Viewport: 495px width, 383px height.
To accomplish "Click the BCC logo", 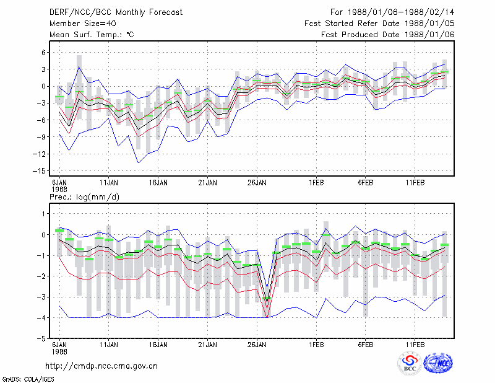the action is (x=410, y=363).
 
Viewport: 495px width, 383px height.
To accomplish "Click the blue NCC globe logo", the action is (x=438, y=363).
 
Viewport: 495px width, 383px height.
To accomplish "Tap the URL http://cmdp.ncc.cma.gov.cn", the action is (x=101, y=366).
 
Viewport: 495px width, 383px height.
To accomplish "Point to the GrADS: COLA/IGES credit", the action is (x=28, y=379).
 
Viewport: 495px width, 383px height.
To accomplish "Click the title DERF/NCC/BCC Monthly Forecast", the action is (x=116, y=12).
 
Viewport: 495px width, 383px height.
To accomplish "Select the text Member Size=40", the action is (x=83, y=24).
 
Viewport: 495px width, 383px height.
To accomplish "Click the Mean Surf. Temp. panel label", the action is (x=92, y=35).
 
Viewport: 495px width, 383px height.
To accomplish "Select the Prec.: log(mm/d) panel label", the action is (x=84, y=197).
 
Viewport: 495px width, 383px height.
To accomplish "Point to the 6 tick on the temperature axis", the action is (x=43, y=53).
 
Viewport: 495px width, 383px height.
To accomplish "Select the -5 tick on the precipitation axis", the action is (x=41, y=339).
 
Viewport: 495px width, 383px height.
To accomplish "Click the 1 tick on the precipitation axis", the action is (x=43, y=214).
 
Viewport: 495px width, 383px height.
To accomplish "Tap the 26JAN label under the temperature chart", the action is (x=257, y=183).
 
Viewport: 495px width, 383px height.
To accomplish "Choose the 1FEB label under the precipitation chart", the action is (x=316, y=345).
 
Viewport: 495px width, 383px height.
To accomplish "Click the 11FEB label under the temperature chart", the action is (x=415, y=183).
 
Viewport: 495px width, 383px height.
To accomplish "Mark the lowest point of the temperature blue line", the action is (x=138, y=163).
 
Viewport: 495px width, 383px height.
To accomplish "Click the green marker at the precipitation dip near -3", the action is (x=267, y=298).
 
